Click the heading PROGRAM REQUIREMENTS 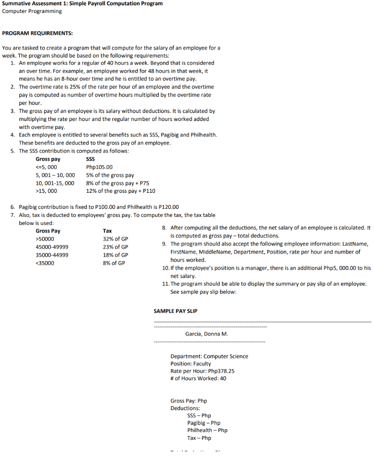(37, 33)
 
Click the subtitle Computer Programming (32, 11)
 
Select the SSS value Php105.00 (99, 167)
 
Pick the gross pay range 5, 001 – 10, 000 (55, 175)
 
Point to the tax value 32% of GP (115, 239)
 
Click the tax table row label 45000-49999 (52, 247)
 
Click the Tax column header (107, 231)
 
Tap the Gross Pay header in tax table (48, 231)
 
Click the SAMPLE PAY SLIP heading (175, 311)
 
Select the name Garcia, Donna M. (206, 334)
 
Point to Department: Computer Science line (209, 356)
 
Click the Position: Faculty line (190, 364)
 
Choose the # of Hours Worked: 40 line (198, 378)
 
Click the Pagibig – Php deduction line (203, 423)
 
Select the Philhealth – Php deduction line (207, 430)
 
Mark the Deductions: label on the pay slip (185, 408)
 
